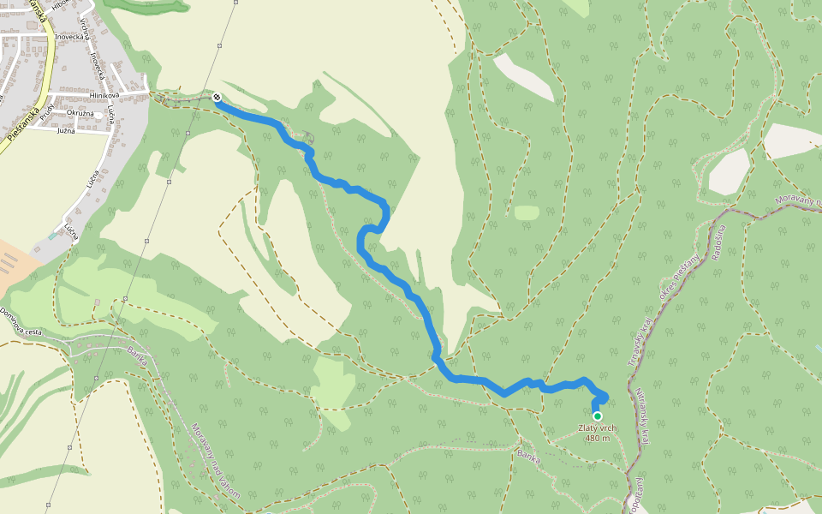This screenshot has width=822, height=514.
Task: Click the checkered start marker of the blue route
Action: [x=217, y=98]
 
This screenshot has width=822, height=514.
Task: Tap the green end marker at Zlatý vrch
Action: [x=598, y=416]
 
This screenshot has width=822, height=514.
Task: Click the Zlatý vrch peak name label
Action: [x=598, y=428]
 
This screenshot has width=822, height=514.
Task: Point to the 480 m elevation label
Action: [x=598, y=439]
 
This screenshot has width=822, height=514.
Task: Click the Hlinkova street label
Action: [x=104, y=95]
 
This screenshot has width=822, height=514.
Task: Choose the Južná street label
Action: [x=66, y=131]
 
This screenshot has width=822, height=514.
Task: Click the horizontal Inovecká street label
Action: [x=68, y=38]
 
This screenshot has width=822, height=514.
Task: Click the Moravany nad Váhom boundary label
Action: [x=215, y=462]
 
